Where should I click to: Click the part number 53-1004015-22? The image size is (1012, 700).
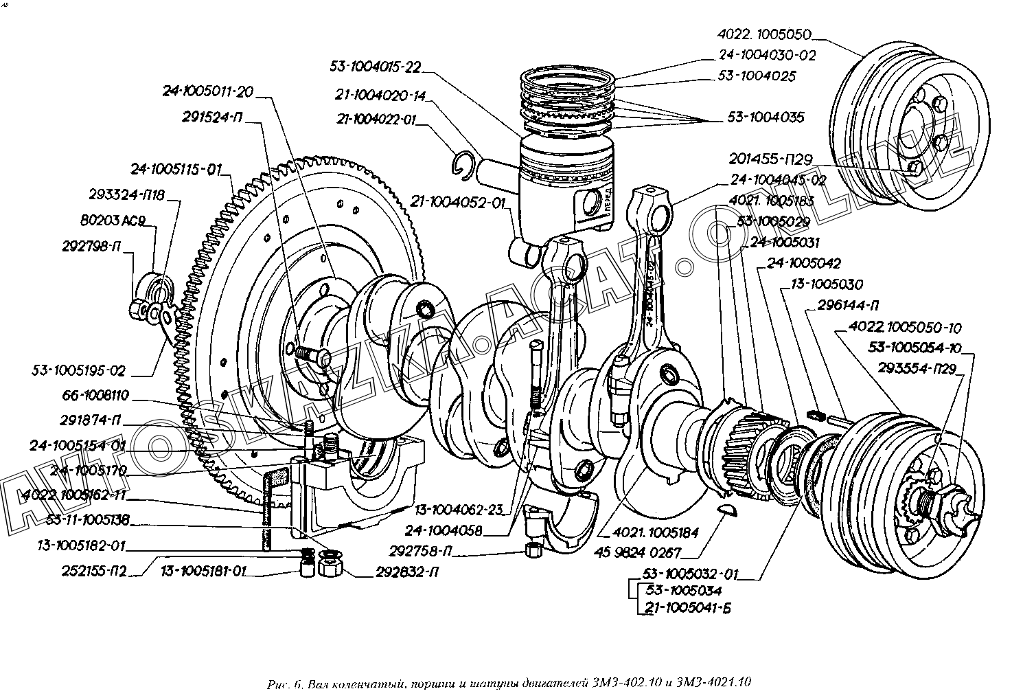click(374, 67)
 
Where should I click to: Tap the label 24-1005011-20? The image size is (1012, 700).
click(207, 91)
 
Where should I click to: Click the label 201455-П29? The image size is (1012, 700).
click(770, 160)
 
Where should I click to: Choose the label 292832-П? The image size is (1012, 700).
click(408, 572)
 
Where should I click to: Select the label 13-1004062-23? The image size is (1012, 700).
click(458, 510)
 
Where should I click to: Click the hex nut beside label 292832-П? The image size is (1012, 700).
click(330, 565)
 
